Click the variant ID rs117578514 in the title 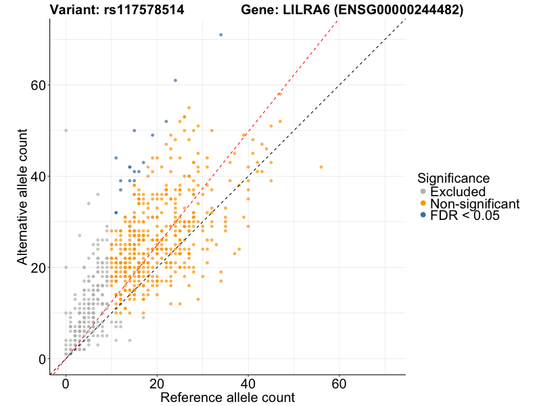146,10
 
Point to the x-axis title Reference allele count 227,397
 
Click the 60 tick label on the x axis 339,383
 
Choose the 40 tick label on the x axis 248,383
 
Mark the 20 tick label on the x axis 157,383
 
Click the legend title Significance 453,178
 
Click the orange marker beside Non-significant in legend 423,204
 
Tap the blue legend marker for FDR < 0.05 423,215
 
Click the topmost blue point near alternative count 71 221,35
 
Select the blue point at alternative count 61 175,81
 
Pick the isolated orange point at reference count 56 321,167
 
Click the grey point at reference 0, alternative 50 66,131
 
